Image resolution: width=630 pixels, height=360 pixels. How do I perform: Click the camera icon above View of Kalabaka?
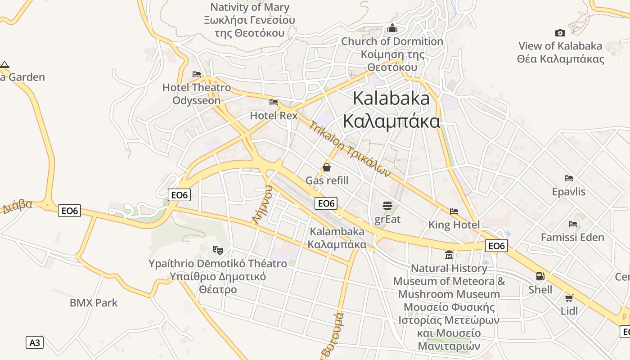tap(560, 33)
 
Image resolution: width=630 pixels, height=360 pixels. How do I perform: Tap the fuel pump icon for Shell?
tap(540, 276)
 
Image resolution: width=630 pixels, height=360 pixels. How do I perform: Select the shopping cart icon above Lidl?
tap(569, 297)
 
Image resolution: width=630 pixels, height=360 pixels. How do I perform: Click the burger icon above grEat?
tap(387, 206)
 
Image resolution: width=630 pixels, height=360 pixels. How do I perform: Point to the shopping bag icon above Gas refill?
tap(327, 167)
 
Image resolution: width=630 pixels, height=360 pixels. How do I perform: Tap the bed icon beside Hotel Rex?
tap(273, 102)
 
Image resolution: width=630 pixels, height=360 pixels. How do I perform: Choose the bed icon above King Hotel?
tap(454, 211)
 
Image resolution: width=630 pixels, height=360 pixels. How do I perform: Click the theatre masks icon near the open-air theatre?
tap(218, 250)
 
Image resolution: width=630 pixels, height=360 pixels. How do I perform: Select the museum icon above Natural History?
tap(449, 255)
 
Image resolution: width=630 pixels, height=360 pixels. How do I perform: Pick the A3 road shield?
tap(35, 342)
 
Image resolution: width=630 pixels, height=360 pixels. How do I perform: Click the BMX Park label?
tap(94, 303)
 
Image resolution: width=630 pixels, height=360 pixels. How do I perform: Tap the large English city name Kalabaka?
tap(391, 98)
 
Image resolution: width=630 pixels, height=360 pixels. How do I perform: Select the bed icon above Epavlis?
tap(569, 178)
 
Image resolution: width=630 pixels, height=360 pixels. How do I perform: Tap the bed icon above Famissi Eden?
tap(573, 224)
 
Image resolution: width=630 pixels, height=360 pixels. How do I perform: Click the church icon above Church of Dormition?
tap(392, 28)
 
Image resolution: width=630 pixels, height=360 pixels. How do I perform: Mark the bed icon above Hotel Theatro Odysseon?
tap(197, 74)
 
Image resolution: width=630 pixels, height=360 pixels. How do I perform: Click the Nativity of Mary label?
tap(250, 7)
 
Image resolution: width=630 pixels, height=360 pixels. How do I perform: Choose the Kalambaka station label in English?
tap(337, 232)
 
